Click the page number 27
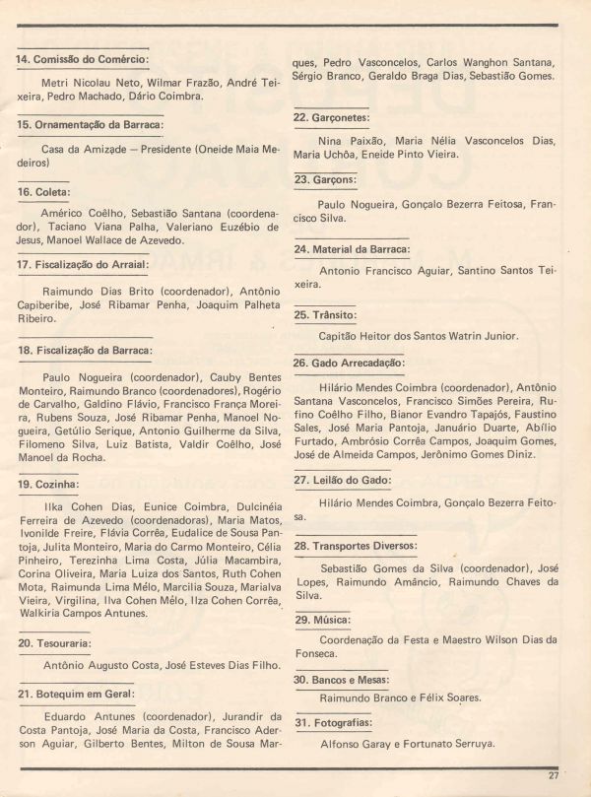555,774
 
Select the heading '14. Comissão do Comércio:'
83,59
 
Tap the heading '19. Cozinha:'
51,485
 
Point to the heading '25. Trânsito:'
326,315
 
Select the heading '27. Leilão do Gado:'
342,480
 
